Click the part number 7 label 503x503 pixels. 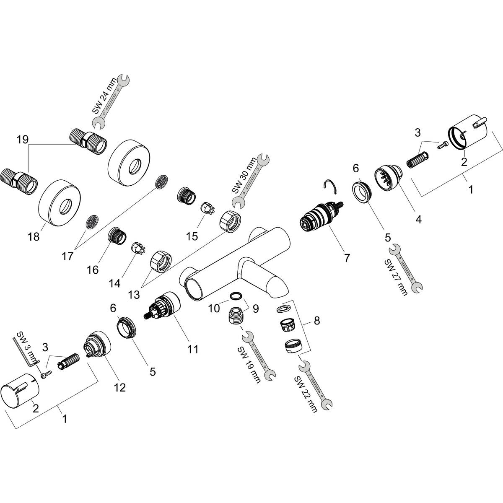click(347, 258)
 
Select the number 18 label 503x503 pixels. click(34, 237)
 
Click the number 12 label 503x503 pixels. click(120, 388)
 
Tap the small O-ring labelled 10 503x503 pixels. click(236, 296)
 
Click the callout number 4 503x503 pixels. click(418, 218)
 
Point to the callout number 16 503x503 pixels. click(93, 269)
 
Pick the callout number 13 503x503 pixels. click(134, 295)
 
